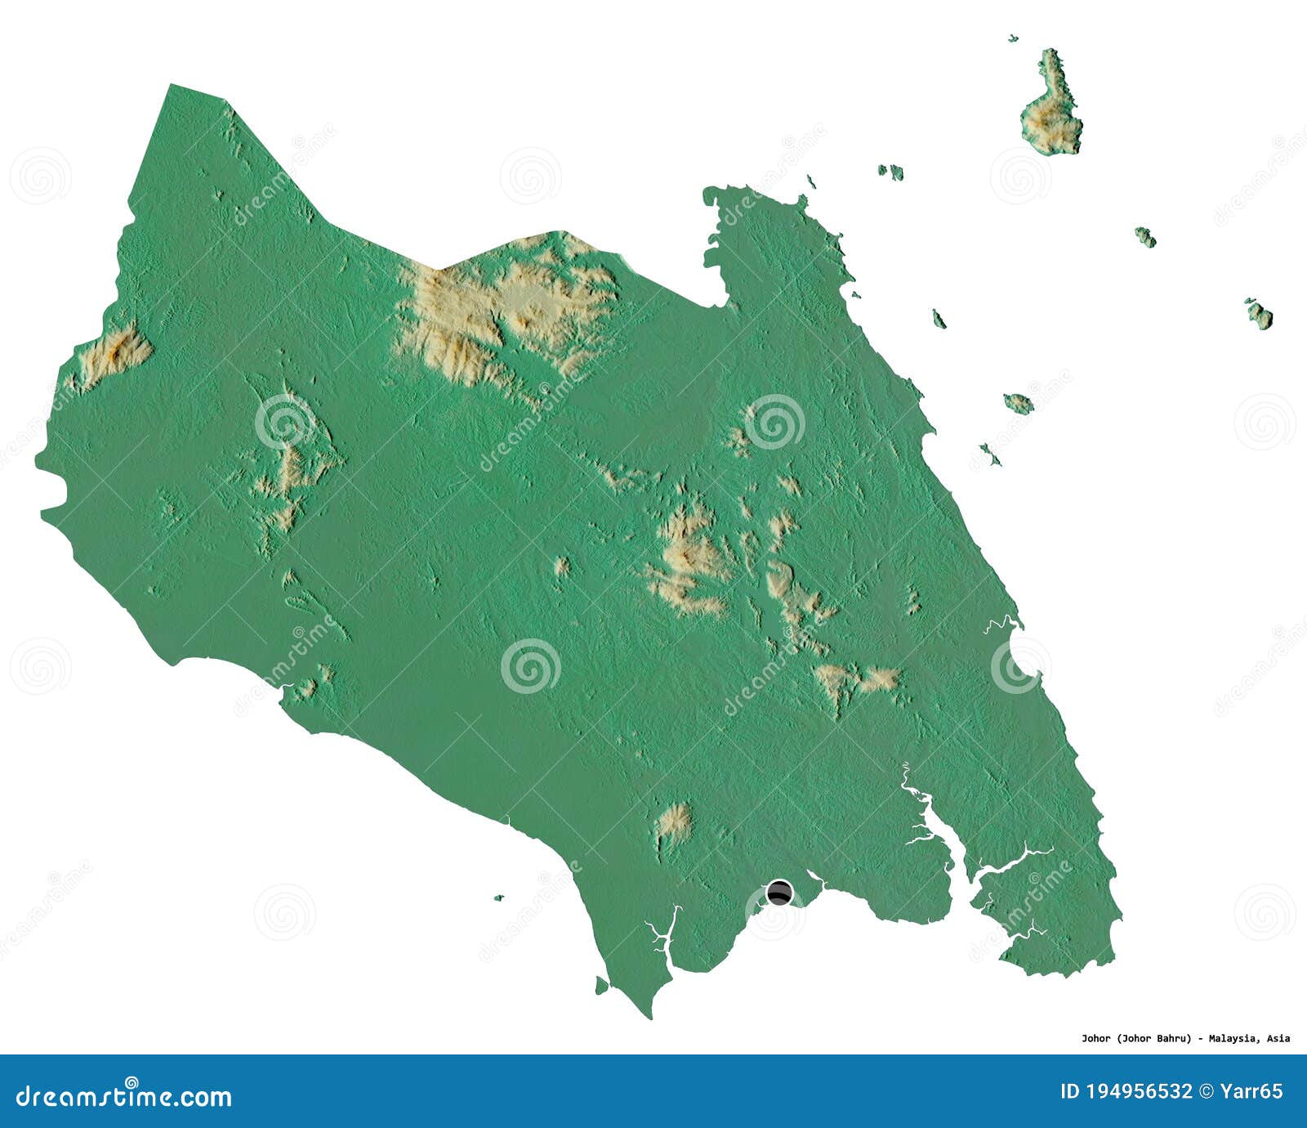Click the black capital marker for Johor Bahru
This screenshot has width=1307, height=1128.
[779, 893]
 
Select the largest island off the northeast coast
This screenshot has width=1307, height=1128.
[1052, 114]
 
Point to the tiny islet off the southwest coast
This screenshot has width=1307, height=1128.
[498, 897]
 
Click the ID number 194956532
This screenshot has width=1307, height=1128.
[1139, 1091]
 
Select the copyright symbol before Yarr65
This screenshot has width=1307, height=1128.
[1207, 1091]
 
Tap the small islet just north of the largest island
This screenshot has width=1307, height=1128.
[1014, 38]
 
